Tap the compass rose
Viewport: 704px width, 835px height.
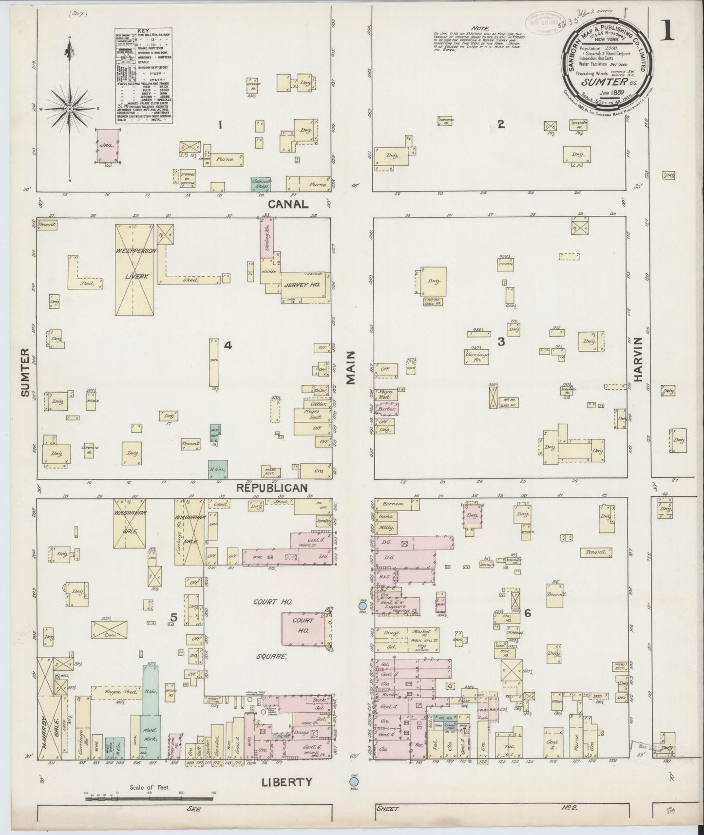70,109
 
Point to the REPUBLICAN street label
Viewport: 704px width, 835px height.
272,488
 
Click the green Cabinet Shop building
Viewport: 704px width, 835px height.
261,184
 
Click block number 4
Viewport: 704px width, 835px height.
228,346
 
